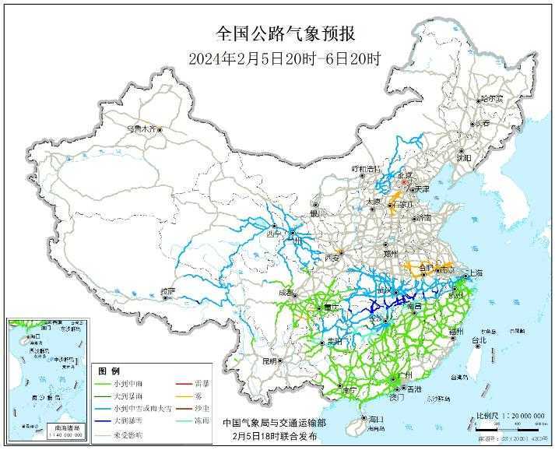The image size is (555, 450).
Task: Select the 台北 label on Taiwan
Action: point(479,340)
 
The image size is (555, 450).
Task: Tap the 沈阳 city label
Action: point(465,157)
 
